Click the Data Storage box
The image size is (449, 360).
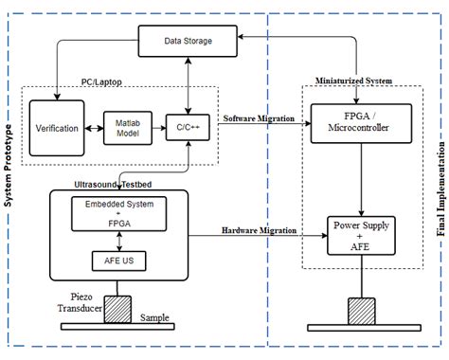pos(187,41)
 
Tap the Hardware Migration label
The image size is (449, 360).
pos(258,230)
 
